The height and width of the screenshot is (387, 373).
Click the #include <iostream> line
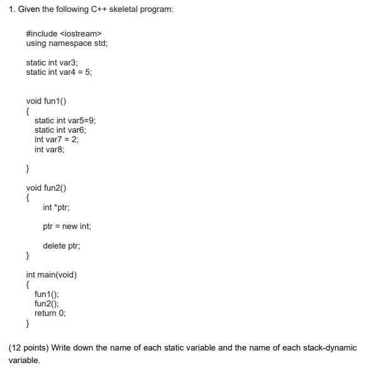point(63,33)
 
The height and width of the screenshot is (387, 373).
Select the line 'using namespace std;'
point(62,43)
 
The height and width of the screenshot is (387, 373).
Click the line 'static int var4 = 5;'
point(58,72)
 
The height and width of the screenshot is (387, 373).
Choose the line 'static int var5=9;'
point(65,120)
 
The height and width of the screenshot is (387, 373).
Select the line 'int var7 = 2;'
point(56,140)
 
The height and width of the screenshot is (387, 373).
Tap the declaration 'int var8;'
point(49,149)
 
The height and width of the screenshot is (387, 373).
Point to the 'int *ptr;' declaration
point(56,207)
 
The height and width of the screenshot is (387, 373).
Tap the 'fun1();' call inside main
point(47,294)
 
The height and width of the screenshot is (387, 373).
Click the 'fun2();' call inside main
point(47,303)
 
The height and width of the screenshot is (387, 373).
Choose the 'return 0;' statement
point(50,313)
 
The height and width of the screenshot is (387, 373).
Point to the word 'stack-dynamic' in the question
point(330,348)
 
